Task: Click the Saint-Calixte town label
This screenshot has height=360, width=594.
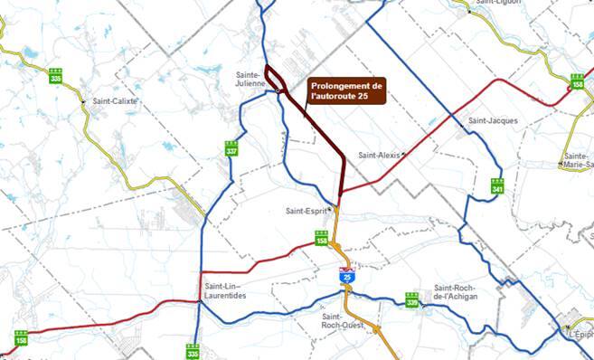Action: (x=115, y=101)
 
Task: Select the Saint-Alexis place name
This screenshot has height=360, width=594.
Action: (x=379, y=155)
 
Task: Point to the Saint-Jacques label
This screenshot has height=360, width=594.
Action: (x=491, y=119)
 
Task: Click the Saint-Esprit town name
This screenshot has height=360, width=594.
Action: (x=305, y=212)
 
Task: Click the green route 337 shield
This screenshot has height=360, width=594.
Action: (x=232, y=149)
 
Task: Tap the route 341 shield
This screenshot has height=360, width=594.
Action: (x=497, y=186)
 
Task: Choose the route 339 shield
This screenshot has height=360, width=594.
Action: (x=412, y=301)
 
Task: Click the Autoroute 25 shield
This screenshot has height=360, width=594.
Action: (x=347, y=278)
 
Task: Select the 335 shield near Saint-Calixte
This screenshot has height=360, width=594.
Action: (x=56, y=77)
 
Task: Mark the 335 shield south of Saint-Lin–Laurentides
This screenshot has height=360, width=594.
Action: (x=192, y=350)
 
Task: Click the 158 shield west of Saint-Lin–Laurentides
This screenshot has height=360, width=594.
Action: (x=21, y=339)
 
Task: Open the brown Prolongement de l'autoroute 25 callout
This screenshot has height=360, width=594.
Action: (x=346, y=90)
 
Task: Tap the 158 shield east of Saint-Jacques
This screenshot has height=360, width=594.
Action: (x=577, y=81)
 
